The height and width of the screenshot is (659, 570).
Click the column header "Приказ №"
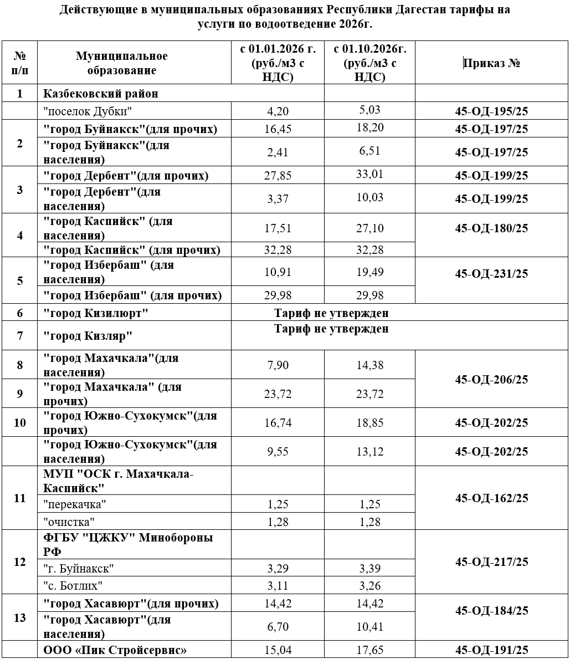click(491, 63)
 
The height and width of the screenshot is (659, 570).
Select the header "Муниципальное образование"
click(121, 63)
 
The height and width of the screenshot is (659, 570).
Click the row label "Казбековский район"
click(101, 93)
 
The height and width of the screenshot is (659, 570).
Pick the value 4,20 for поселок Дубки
click(278, 111)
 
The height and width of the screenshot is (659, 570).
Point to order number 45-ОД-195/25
click(491, 111)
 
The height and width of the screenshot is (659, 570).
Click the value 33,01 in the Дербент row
click(369, 175)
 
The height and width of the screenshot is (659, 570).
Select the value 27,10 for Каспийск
click(369, 228)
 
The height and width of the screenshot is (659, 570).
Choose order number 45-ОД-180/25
click(491, 228)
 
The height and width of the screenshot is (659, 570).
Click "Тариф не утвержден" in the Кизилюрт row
click(331, 313)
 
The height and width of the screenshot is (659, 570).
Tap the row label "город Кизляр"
click(88, 336)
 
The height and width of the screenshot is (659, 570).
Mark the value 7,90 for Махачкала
click(278, 365)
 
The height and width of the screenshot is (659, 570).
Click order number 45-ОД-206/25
click(491, 380)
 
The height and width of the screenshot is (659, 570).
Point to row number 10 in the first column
click(19, 422)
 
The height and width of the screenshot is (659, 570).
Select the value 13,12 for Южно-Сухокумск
click(369, 452)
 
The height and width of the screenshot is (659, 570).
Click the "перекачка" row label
click(75, 504)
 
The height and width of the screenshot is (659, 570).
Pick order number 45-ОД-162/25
click(491, 498)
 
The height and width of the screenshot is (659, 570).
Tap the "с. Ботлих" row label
click(73, 586)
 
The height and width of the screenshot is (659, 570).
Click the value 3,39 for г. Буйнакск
click(369, 568)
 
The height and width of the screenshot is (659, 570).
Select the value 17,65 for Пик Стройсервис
click(369, 650)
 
